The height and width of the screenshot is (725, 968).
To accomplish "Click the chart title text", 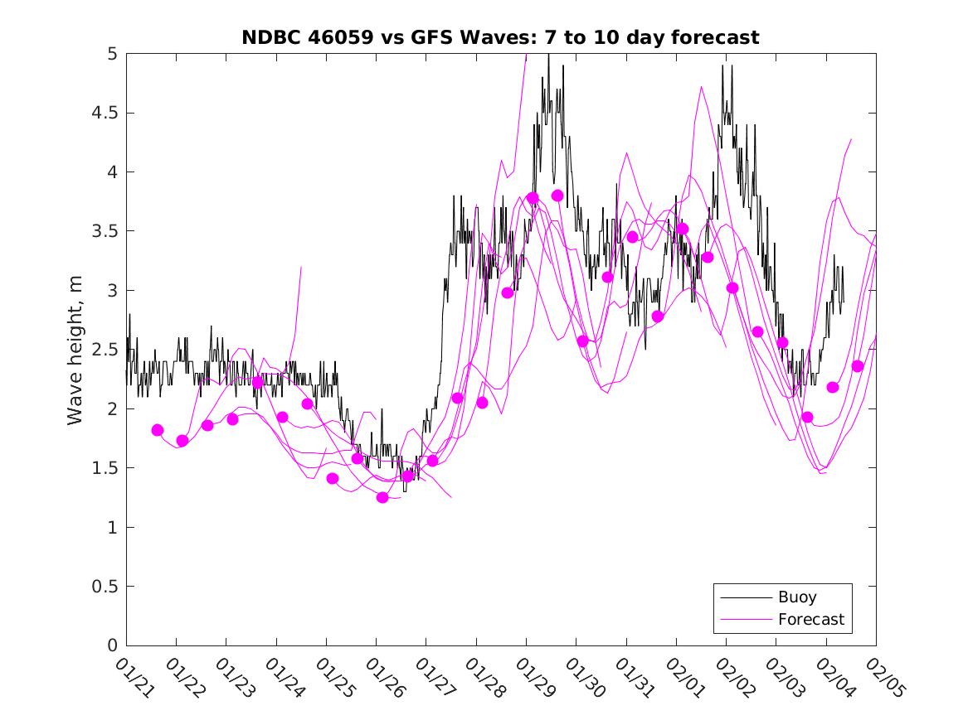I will click(x=500, y=37).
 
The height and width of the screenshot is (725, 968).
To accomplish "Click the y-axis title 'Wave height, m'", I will click(x=75, y=349).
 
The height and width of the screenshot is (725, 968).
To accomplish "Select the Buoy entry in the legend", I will click(x=796, y=597).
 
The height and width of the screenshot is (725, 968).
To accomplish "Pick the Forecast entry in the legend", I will click(x=810, y=619).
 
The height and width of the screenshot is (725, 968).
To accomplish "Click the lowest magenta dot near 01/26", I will click(x=382, y=497).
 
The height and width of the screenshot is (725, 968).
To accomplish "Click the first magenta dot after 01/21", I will click(x=158, y=430).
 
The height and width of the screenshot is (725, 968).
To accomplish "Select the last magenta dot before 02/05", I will click(x=858, y=366).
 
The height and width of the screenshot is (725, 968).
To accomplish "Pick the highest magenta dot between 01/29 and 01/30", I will click(x=557, y=196).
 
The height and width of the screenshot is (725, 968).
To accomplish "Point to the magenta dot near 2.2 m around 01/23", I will click(x=257, y=382).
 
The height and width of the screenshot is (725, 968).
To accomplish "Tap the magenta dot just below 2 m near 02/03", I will click(x=807, y=417).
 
